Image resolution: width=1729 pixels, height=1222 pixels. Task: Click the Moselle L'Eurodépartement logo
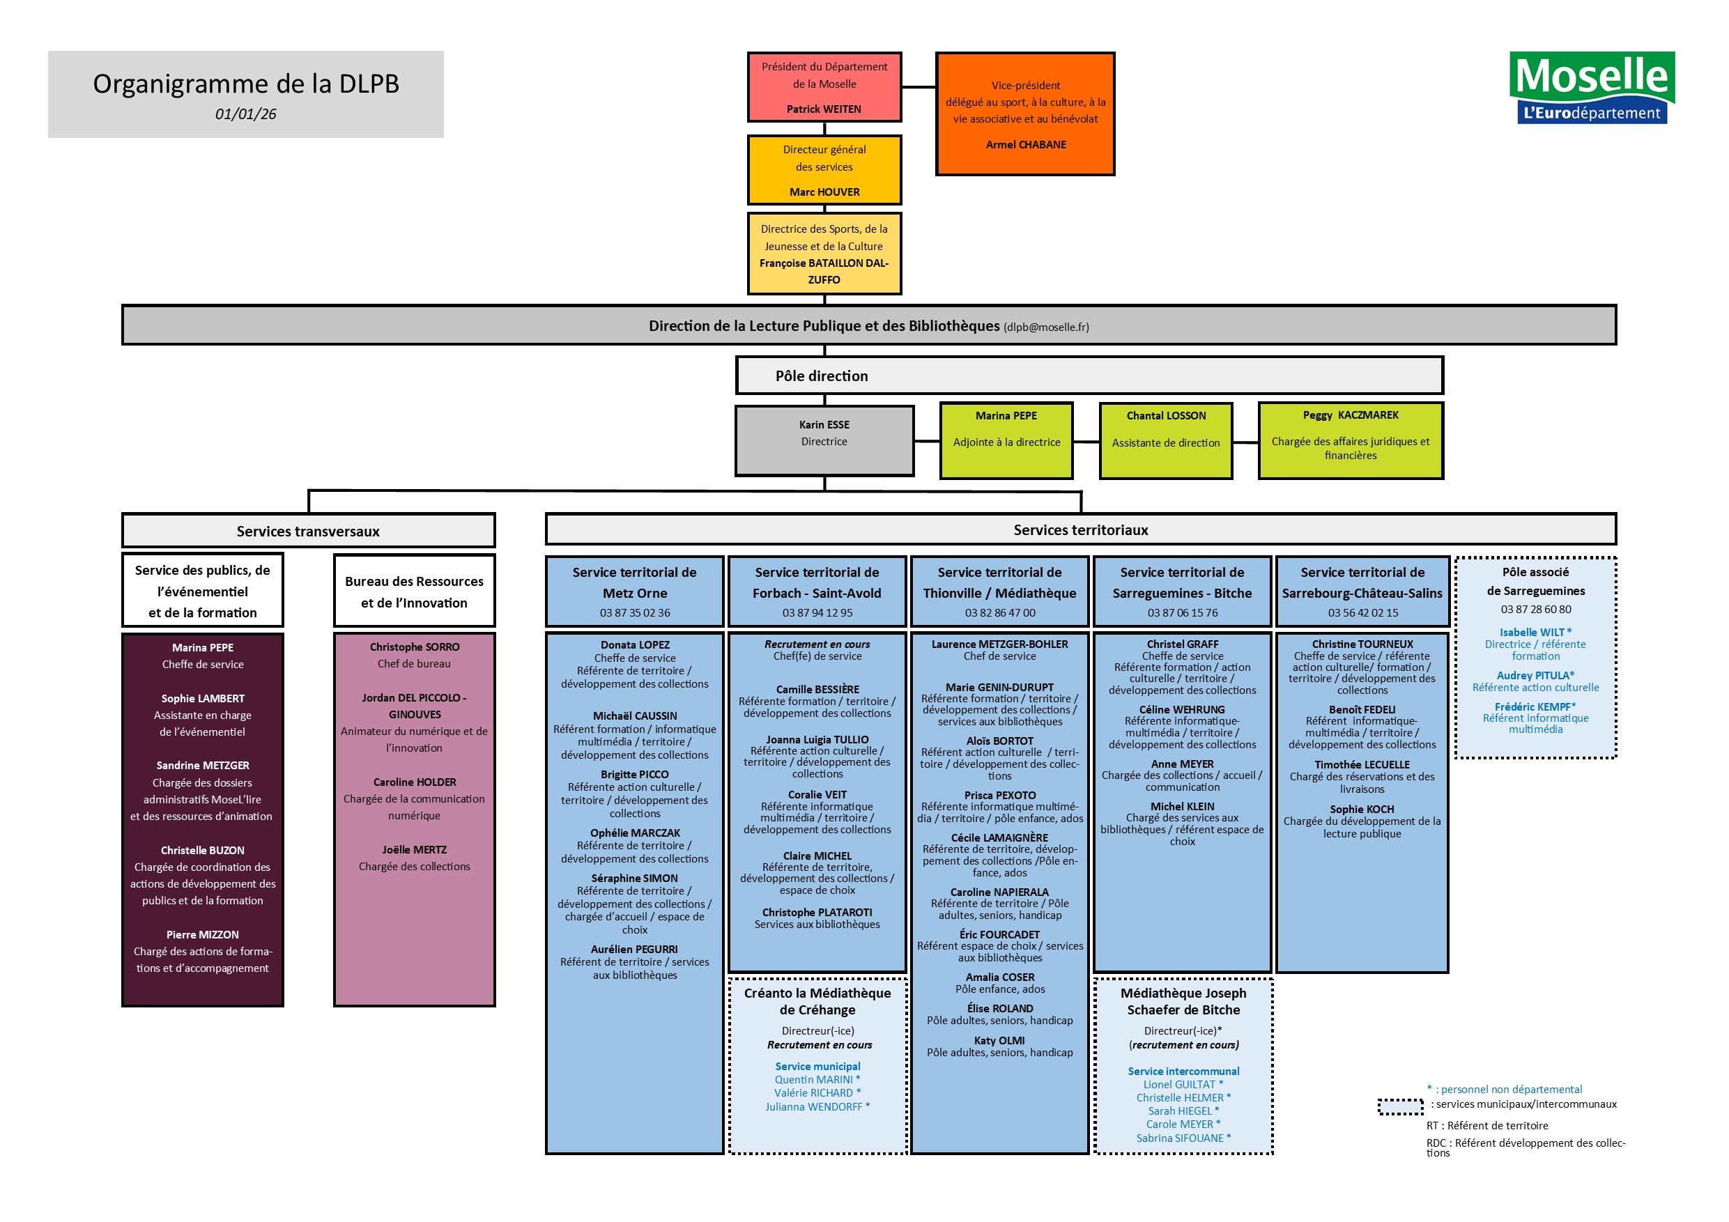coord(1592,87)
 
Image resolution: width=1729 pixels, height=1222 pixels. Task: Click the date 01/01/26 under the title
coord(245,114)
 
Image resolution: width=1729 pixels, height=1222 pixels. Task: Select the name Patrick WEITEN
coord(824,109)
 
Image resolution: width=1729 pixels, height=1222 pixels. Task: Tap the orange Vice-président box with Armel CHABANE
coord(1025,114)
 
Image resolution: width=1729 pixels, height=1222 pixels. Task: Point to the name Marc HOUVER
coord(824,192)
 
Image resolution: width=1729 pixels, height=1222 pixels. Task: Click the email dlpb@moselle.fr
coord(1046,327)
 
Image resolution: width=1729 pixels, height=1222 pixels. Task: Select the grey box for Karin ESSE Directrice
coord(824,440)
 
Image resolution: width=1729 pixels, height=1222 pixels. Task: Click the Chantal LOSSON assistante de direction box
coord(1165,440)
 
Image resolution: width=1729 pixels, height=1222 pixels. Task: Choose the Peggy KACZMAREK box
coord(1350,440)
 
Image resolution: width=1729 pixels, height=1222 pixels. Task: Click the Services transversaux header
coord(308,531)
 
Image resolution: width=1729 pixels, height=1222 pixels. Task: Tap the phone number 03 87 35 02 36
coord(635,613)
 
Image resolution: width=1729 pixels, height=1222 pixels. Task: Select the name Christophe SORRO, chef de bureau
coord(414,647)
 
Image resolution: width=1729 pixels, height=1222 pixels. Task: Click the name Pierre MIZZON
coord(203,934)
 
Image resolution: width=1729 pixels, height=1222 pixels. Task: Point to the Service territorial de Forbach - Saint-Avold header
coord(817,582)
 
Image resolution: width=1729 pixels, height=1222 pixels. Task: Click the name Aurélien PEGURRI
coord(634,950)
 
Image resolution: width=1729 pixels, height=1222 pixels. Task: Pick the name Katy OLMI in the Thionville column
coord(999,1041)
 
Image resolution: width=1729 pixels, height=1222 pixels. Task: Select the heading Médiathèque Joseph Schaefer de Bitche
coord(1183,1001)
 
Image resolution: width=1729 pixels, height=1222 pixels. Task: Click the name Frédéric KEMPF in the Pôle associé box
coord(1535,707)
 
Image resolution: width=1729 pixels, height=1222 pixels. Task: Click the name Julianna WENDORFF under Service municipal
coord(817,1107)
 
